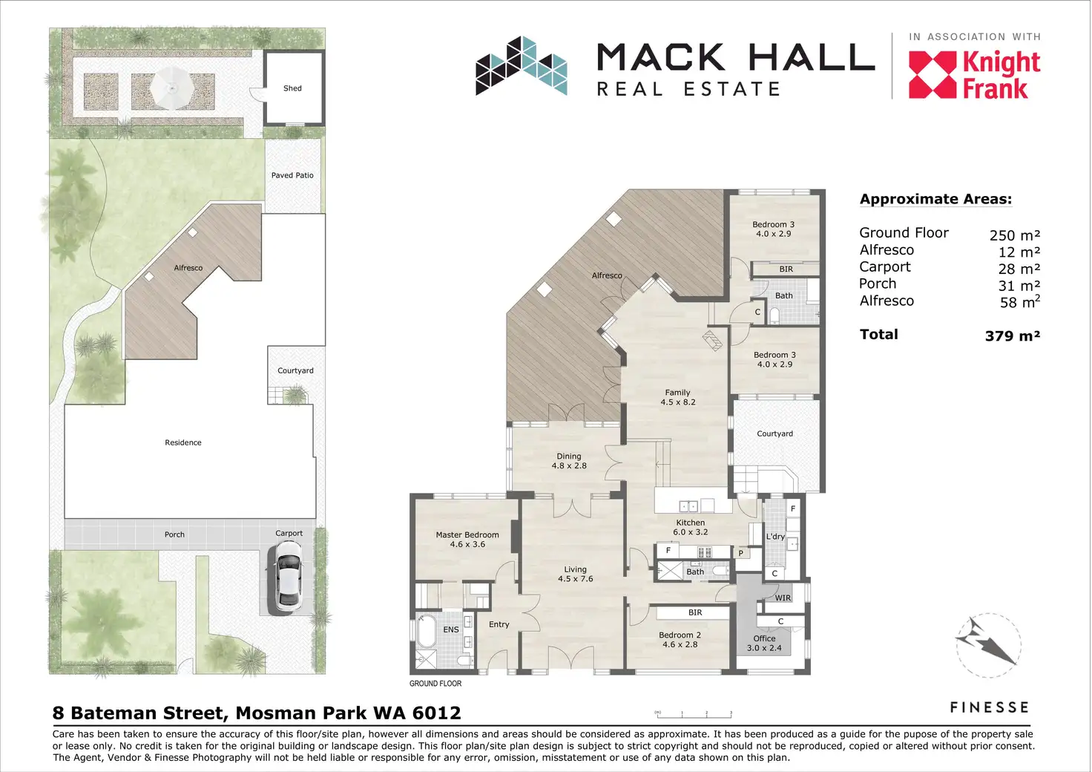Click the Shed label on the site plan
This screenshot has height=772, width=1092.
[292, 88]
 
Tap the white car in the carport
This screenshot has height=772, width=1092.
[288, 577]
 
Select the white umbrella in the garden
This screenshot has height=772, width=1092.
[171, 88]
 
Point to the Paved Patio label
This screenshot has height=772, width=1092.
[292, 175]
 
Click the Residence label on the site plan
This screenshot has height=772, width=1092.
[182, 442]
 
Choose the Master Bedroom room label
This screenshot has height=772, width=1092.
[467, 540]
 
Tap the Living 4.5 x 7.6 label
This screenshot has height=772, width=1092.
[575, 574]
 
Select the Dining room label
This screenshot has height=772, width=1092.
[569, 461]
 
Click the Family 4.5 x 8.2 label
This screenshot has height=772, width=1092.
[677, 397]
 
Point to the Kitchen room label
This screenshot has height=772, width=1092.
[691, 527]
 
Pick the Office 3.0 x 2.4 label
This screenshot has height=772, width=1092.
[764, 644]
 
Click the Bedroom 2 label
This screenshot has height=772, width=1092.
[680, 639]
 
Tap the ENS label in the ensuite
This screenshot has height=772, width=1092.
[451, 629]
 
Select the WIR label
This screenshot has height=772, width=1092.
[783, 598]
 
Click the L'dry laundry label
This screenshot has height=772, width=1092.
[775, 537]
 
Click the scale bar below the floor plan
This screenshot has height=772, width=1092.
[694, 715]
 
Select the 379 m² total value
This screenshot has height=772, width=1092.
[1013, 336]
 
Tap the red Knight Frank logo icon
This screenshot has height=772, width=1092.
[932, 75]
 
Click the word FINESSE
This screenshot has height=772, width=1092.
[990, 707]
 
